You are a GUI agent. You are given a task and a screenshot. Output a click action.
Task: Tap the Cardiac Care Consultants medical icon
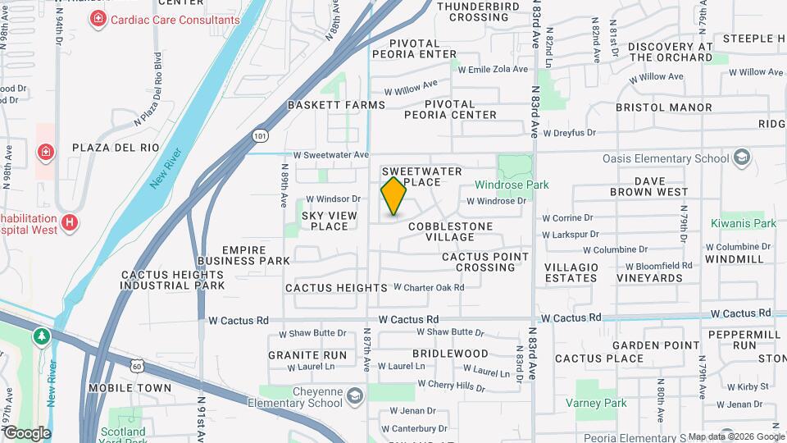(x=98, y=18)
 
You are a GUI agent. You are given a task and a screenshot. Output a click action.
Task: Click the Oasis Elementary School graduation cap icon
(x=742, y=158)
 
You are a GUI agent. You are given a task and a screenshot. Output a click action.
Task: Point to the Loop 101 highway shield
(x=260, y=135)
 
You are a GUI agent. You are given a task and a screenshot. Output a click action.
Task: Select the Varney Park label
(x=596, y=403)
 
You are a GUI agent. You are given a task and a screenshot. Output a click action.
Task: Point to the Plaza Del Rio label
(x=115, y=148)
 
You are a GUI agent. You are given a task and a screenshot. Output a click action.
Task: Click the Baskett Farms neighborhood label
(x=336, y=105)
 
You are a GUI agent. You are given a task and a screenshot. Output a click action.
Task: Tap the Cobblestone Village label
(x=450, y=231)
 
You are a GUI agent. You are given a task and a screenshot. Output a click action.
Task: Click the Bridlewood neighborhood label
(x=450, y=354)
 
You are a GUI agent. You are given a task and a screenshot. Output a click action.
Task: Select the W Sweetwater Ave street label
(x=331, y=154)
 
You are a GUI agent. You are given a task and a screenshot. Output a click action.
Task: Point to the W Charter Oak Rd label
(x=429, y=287)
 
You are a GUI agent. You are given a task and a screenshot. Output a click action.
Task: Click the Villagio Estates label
(x=571, y=272)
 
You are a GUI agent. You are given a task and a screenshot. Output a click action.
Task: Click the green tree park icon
(x=41, y=336)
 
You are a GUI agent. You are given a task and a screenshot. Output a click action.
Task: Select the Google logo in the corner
(x=27, y=432)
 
